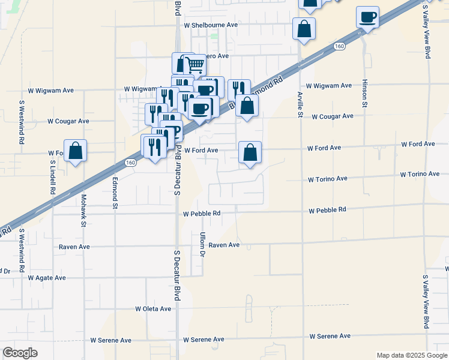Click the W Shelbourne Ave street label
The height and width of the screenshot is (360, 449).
(211, 25)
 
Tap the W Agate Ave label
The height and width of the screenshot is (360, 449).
(47, 278)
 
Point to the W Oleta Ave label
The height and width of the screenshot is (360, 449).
(153, 308)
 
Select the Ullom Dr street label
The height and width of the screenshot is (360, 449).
(202, 245)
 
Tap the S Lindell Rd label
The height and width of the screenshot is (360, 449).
(53, 176)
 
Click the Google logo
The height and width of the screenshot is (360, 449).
(20, 353)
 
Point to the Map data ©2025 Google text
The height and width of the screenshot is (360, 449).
(412, 355)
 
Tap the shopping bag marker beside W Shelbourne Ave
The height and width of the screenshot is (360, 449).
(304, 29)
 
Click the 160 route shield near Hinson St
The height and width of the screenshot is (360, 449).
(340, 46)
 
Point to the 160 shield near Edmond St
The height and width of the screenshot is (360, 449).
(130, 162)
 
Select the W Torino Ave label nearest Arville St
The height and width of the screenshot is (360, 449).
(328, 179)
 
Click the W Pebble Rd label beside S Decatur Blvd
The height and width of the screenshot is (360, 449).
(202, 213)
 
